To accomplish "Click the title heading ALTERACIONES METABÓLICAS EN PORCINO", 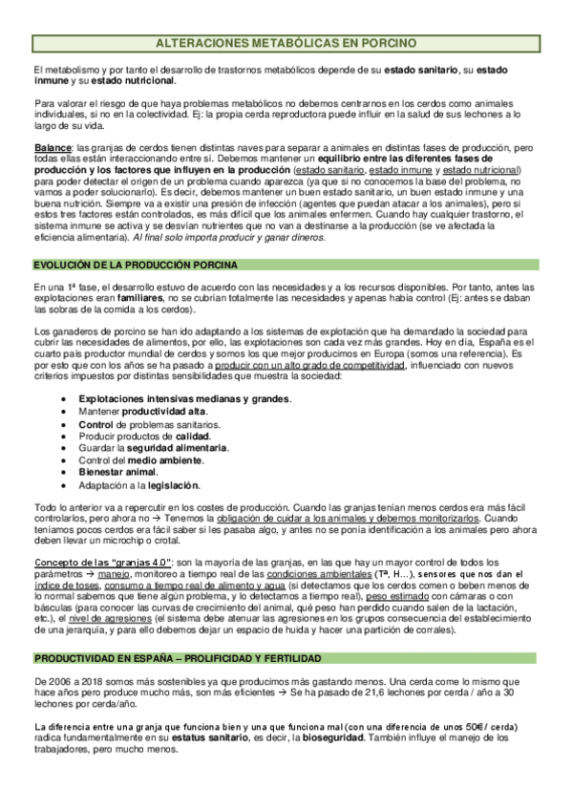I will pyautogui.click(x=286, y=43).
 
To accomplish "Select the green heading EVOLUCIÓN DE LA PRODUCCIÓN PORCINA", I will pyautogui.click(x=135, y=263).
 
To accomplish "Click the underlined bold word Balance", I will pyautogui.click(x=52, y=147).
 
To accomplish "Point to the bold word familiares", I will pyautogui.click(x=113, y=298).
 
